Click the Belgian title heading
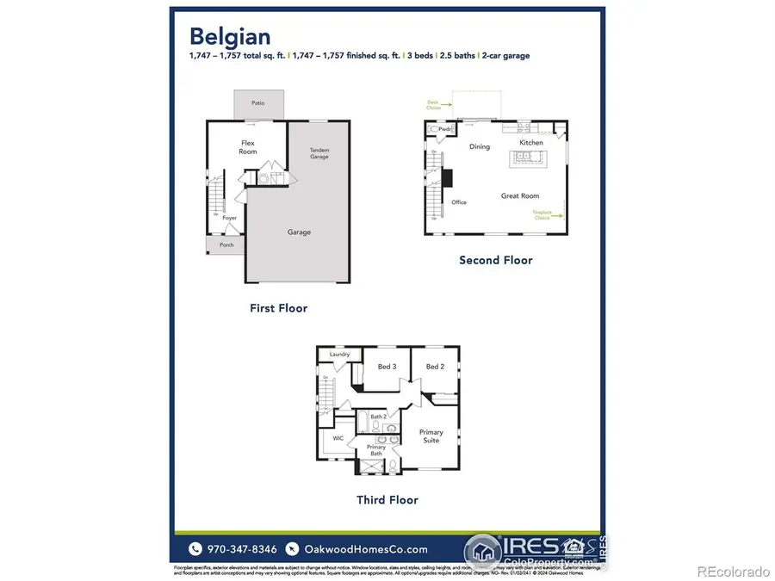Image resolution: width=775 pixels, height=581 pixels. [230, 36]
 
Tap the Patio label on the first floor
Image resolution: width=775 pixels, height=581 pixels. [257, 103]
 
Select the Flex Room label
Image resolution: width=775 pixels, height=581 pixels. [248, 147]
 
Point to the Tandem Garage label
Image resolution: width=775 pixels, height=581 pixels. [319, 154]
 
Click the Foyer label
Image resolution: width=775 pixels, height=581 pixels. [230, 218]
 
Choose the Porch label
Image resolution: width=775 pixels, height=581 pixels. [226, 244]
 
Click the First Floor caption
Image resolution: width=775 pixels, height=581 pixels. [278, 307]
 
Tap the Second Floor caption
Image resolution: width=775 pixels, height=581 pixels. [495, 260]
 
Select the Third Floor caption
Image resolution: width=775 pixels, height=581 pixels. [387, 499]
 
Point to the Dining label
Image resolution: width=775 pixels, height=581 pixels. [480, 146]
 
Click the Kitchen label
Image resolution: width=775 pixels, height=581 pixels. [531, 142]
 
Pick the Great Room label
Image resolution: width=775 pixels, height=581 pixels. [520, 196]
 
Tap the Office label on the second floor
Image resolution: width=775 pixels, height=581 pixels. [459, 202]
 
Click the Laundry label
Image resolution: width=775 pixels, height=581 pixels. [338, 355]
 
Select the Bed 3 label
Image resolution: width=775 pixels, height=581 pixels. [387, 367]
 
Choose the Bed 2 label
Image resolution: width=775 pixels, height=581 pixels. [434, 367]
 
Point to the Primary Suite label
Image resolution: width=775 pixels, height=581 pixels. [431, 436]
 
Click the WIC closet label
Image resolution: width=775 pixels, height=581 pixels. [338, 437]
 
